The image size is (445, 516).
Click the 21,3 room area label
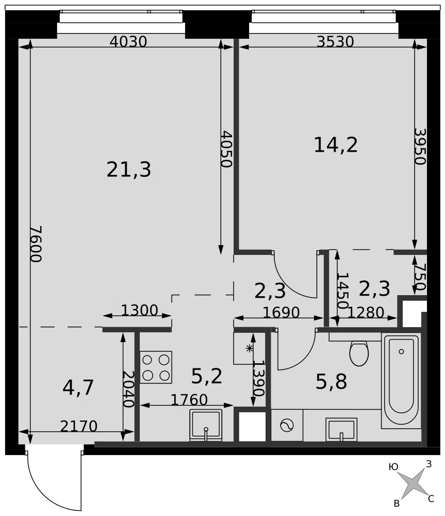128,170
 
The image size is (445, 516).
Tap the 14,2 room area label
336,145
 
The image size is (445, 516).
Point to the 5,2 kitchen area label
207,376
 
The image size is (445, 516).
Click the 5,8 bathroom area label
331,382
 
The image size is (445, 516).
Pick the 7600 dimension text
36,244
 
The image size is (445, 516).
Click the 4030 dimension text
128,42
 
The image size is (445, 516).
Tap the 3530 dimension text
335,42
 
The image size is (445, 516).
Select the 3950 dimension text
420,147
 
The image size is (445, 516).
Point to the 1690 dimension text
281,312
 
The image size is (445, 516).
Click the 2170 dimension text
79,426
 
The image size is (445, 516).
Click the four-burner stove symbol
156,367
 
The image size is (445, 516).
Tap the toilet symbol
359,353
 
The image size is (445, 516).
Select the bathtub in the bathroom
401,380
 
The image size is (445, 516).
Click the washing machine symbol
287,426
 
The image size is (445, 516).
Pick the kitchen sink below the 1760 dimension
206,425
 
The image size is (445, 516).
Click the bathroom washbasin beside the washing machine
341,429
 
